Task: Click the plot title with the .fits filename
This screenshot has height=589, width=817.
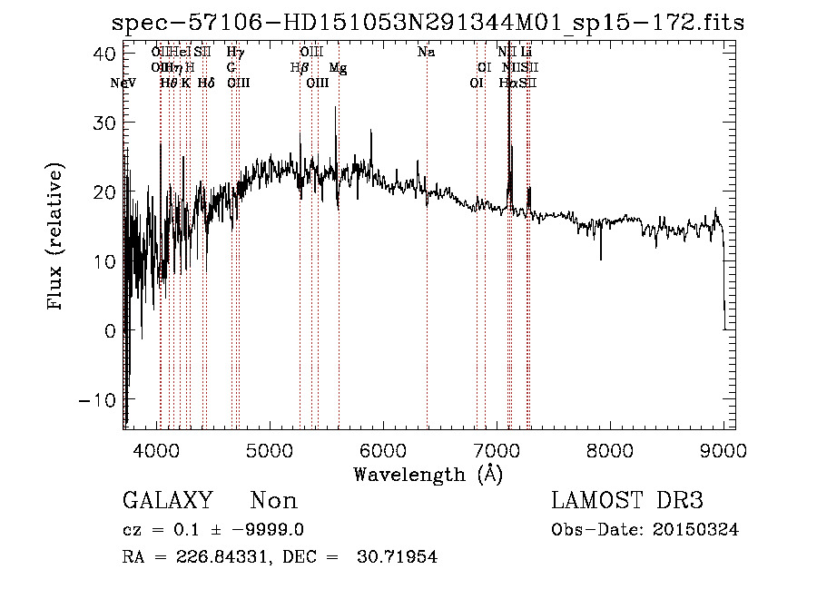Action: pos(427,23)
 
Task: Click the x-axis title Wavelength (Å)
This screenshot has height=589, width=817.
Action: pos(428,474)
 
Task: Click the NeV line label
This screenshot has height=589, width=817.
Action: pos(123,83)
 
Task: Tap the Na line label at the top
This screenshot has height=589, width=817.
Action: pos(426,53)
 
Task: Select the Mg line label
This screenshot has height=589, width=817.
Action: pos(338,68)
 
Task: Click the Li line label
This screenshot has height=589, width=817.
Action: pos(527,53)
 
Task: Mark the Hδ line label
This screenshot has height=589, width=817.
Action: pos(206,83)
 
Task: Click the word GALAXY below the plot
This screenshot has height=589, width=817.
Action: pos(168,501)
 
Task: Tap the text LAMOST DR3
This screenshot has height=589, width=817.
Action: pos(627,501)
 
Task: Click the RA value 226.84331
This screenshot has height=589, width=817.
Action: pos(202,557)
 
